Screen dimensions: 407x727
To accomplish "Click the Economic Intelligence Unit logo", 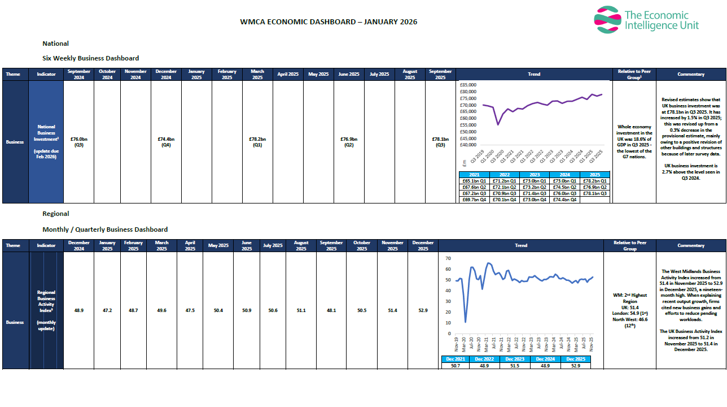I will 646,19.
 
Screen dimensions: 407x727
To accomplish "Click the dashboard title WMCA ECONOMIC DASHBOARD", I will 329,22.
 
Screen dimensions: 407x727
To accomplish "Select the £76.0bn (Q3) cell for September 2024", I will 78,142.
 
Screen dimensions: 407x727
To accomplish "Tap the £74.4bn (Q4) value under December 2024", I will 166,142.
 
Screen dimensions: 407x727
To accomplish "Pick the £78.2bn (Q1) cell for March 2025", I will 257,142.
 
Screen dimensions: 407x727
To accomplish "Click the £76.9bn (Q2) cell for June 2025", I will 349,142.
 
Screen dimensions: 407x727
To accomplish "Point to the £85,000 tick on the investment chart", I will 468,85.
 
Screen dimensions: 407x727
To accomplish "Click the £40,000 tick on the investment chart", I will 468,145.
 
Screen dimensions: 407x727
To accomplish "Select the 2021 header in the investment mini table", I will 474,175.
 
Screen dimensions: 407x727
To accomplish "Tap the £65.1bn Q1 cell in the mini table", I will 474,181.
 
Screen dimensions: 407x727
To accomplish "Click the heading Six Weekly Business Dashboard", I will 90,58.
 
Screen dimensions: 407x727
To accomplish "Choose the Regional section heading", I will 56,214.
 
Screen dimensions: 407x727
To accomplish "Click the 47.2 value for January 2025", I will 107,310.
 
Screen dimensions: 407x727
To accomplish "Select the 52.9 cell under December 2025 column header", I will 423,310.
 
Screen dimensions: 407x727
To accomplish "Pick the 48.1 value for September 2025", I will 331,310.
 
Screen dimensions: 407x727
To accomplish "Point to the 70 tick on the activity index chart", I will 448,258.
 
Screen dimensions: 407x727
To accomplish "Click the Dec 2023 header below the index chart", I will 515,359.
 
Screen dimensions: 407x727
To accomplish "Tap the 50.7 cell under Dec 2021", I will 455,366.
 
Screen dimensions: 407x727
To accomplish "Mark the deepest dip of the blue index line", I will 466,322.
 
